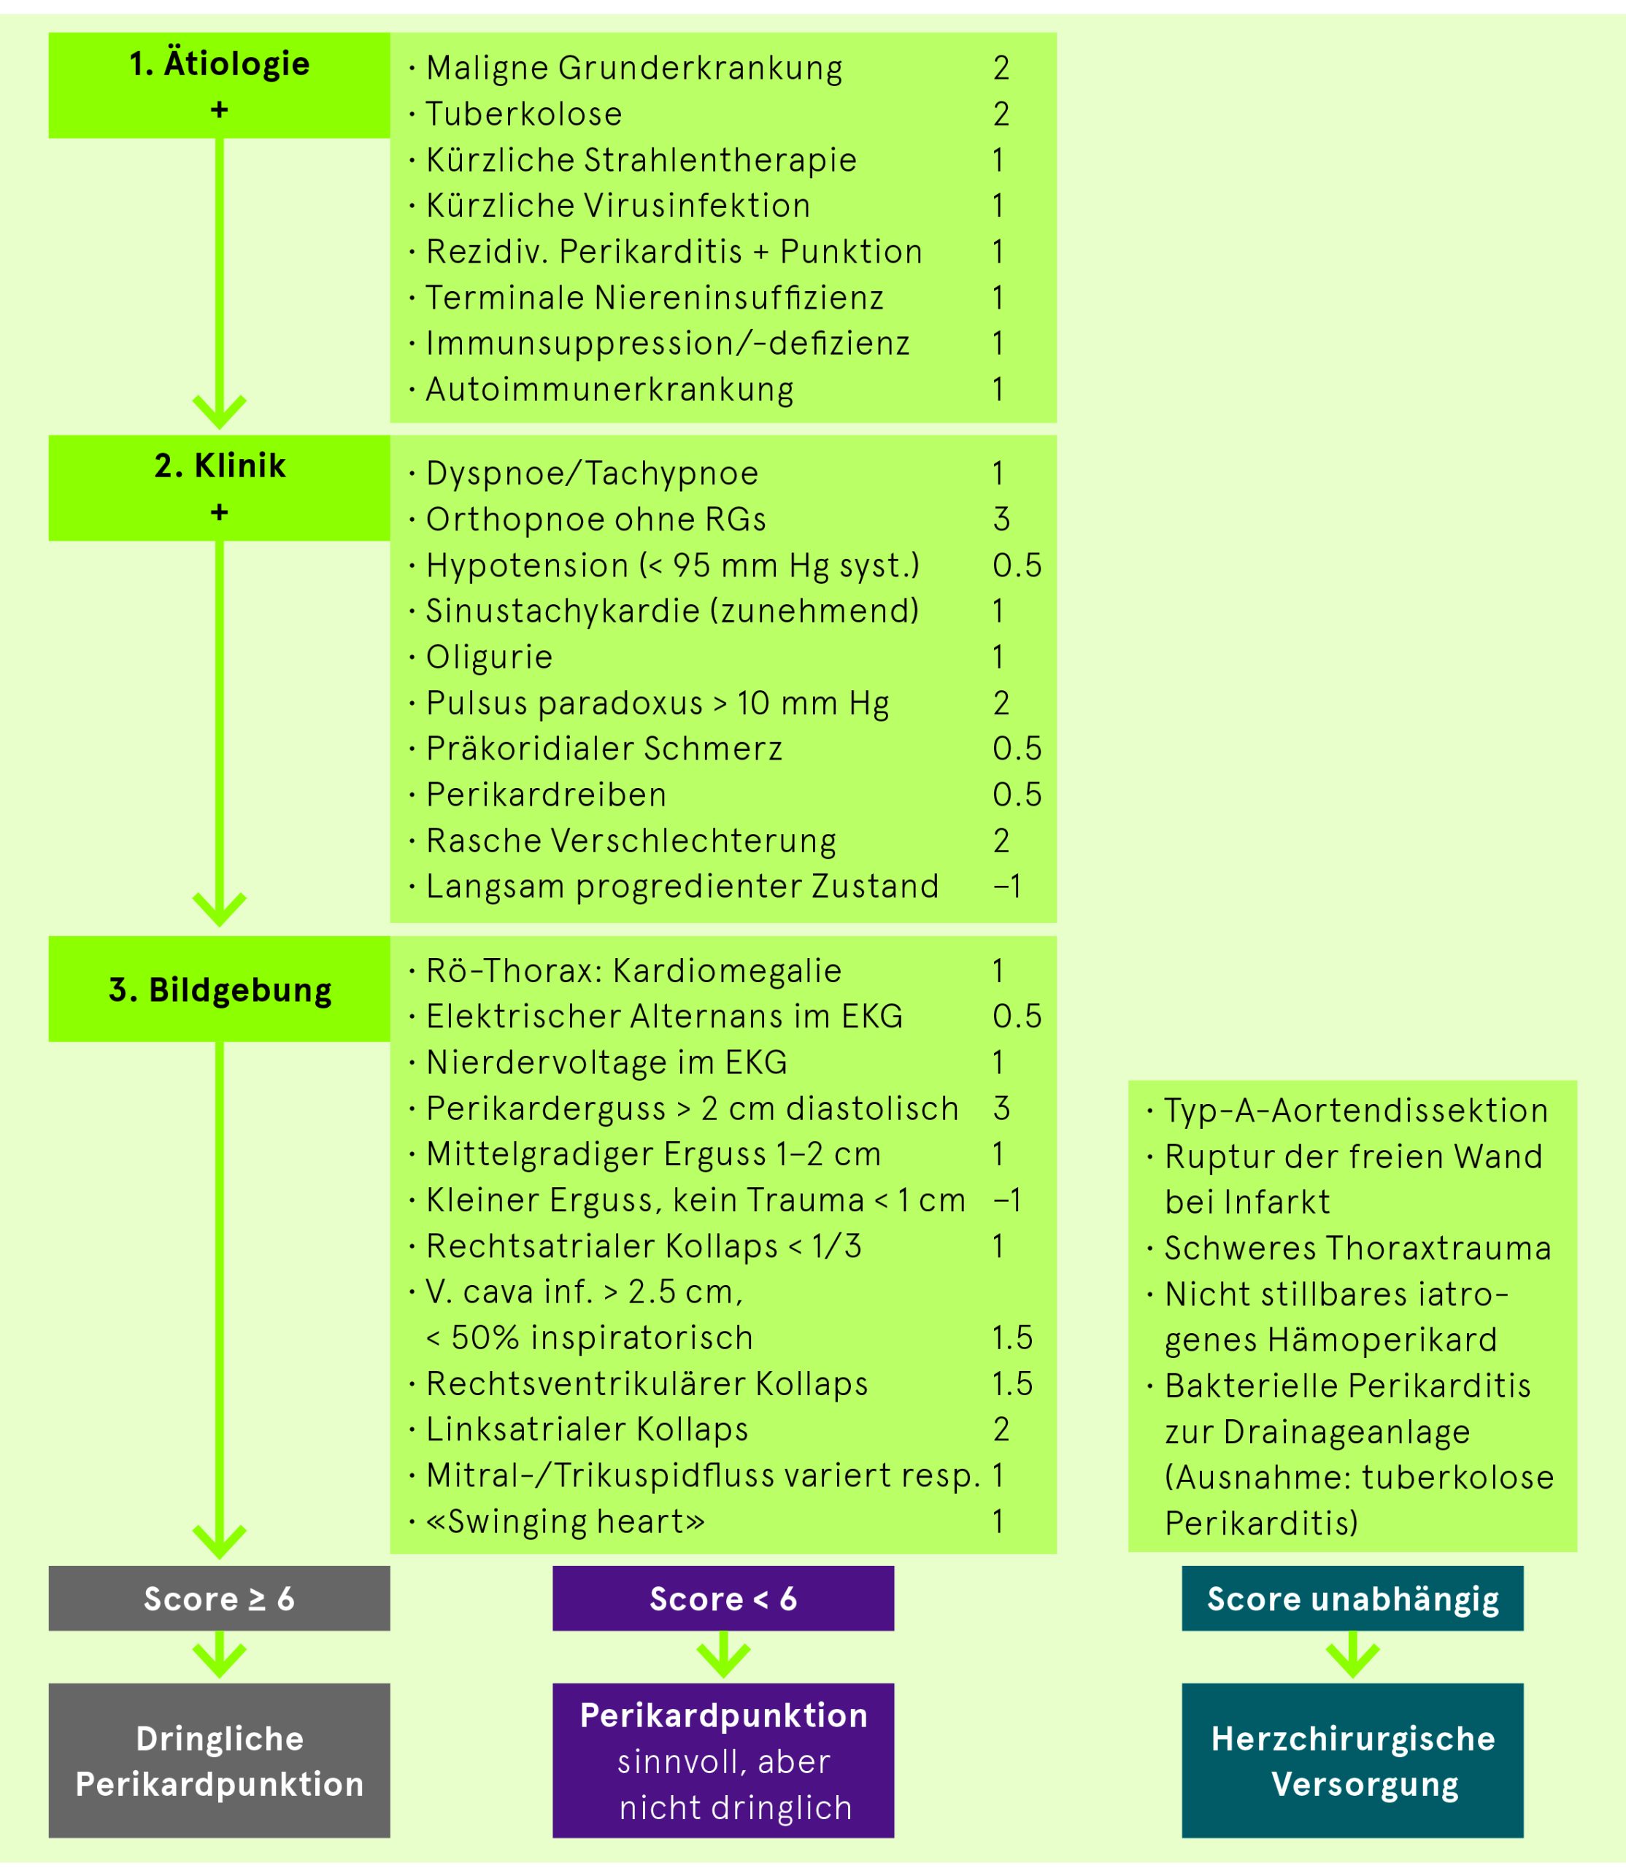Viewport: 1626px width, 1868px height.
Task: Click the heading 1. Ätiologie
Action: coord(220,64)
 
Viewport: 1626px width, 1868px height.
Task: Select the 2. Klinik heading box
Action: coord(220,488)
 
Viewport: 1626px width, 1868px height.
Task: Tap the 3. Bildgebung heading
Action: coord(220,989)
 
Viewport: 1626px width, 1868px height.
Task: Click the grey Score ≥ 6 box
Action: coord(220,1599)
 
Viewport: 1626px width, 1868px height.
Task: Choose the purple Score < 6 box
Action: coord(723,1599)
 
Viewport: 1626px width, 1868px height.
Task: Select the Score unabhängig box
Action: coord(1352,1599)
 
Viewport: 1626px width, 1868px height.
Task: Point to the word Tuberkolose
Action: coord(523,115)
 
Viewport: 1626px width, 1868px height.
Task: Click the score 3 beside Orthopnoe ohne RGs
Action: coord(1001,519)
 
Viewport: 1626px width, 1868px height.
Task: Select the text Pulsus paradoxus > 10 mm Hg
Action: coord(657,703)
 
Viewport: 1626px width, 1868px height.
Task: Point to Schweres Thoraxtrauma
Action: coord(1357,1248)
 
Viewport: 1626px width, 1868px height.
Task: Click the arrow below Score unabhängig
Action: coord(1352,1654)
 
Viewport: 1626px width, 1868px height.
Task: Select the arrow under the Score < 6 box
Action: coord(723,1654)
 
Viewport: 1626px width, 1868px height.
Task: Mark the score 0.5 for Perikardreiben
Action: coord(1016,795)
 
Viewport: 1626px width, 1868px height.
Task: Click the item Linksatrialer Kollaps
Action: coord(587,1429)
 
